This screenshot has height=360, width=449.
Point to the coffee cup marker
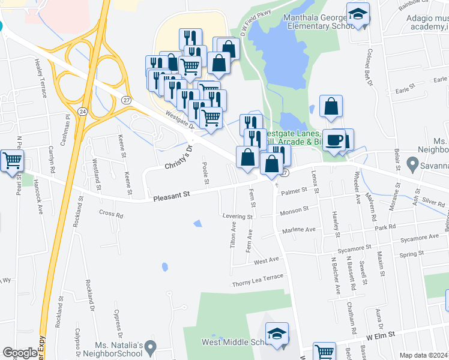click(x=334, y=140)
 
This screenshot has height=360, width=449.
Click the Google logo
click(x=20, y=353)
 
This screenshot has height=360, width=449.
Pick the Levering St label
click(x=237, y=216)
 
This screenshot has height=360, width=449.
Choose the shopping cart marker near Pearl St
click(x=12, y=160)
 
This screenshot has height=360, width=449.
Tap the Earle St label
click(x=406, y=89)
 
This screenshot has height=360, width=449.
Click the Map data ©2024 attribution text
click(x=423, y=355)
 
